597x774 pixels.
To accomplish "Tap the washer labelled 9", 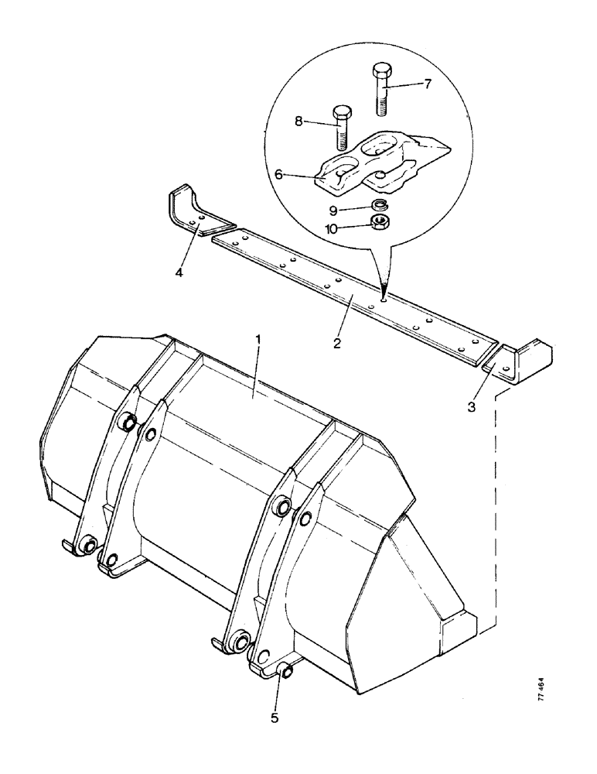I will coord(379,206).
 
